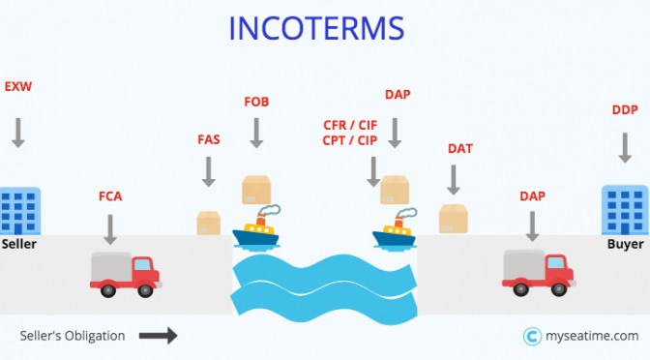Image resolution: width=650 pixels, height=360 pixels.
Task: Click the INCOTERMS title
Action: tap(316, 28)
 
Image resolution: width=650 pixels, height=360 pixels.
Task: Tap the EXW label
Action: tap(18, 87)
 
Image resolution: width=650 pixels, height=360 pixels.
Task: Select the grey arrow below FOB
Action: tap(256, 133)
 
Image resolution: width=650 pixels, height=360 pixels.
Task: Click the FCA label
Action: tap(110, 196)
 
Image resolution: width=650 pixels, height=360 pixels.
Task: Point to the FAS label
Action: tap(209, 139)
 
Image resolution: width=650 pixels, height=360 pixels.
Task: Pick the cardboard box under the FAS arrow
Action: tap(209, 224)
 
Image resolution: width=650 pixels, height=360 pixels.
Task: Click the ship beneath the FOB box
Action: tap(256, 228)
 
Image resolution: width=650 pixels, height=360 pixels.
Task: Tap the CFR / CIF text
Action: tap(350, 125)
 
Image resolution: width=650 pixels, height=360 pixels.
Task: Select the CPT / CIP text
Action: tap(350, 140)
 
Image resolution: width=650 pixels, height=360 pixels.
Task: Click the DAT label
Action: tap(460, 148)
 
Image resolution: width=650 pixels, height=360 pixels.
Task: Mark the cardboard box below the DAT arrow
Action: tap(454, 219)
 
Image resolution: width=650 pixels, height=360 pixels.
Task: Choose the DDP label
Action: tap(625, 110)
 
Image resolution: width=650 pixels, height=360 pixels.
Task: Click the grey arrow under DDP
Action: tap(625, 148)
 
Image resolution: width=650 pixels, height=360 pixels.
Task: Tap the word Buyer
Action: tap(625, 244)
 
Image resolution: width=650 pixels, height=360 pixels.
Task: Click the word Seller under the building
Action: tap(19, 244)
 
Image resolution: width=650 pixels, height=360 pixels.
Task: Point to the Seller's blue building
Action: tap(20, 211)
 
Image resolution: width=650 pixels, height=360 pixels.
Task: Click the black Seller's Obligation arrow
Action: tap(158, 336)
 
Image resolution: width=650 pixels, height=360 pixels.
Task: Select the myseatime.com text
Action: tap(592, 336)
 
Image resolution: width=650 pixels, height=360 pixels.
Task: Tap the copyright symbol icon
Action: tap(532, 337)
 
